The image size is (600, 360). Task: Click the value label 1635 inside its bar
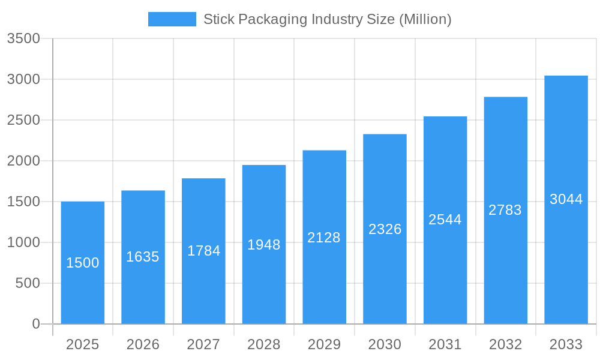coord(143,257)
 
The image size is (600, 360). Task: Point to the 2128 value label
coord(324,238)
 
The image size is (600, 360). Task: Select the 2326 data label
coord(385,229)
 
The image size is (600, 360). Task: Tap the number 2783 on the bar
coord(505,210)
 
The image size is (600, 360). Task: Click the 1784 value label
coord(203,251)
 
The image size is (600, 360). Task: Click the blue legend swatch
coord(172,19)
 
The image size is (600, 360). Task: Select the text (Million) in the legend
coord(425,19)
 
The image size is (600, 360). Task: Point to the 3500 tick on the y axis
coord(23,39)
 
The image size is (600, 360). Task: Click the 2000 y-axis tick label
coord(23,161)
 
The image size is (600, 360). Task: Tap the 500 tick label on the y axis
coord(28,283)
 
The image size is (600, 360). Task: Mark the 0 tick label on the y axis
coord(36,324)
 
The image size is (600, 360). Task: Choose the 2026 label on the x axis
coord(143,345)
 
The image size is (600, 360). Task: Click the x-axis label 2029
coord(324,345)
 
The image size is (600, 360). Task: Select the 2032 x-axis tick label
coord(505,345)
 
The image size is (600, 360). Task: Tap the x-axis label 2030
coord(385,345)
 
